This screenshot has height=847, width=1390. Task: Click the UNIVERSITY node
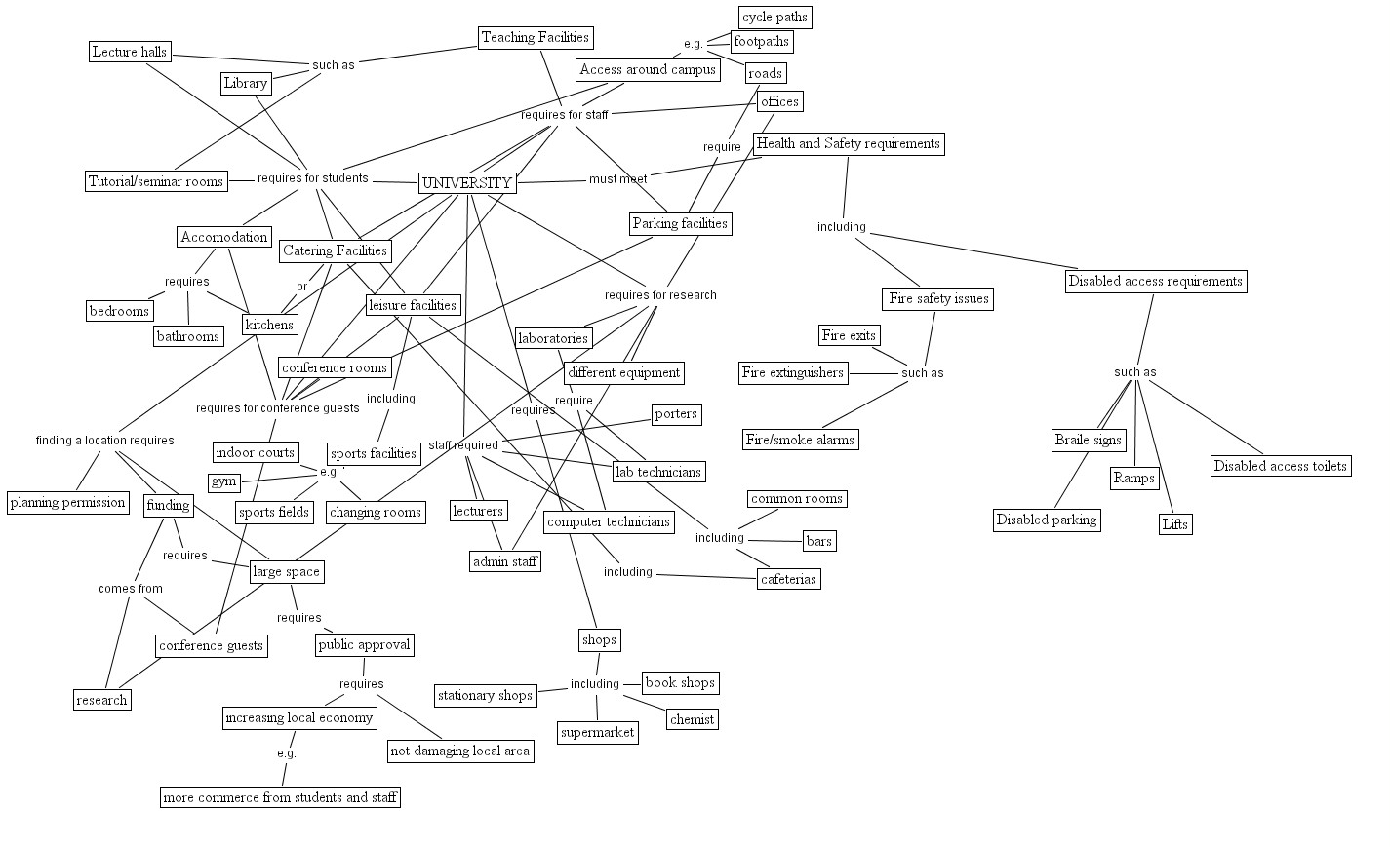pos(467,183)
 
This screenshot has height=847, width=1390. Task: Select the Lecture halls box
pos(129,52)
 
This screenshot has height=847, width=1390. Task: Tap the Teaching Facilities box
pos(536,38)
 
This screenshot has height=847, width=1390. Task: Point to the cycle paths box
pos(774,18)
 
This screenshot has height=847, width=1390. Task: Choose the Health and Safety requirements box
pos(848,144)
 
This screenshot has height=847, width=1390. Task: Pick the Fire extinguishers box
pos(793,373)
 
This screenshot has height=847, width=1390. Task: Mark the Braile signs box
pos(1088,441)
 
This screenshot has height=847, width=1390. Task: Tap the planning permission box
pos(67,503)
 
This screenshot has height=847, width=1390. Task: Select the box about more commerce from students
pos(280,797)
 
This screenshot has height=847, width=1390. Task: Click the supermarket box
pos(598,733)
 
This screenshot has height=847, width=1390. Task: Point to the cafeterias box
pos(788,579)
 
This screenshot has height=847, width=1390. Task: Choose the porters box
pos(676,414)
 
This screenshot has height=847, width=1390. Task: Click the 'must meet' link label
pos(617,179)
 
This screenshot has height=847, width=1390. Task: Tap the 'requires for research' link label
pos(659,295)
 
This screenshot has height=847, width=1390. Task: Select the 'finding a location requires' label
pos(104,441)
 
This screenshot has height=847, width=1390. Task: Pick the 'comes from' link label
pos(130,589)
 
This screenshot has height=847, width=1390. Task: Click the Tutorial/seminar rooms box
pos(156,181)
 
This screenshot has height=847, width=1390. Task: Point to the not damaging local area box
pos(459,751)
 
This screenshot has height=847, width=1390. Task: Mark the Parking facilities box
pos(680,224)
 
